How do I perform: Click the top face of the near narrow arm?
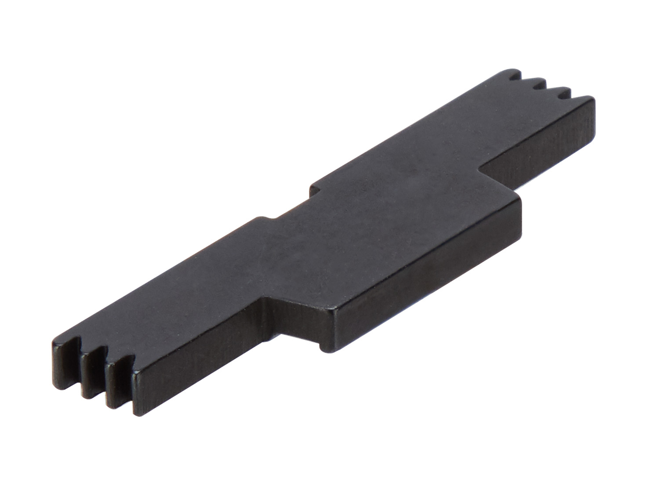[167, 299]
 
